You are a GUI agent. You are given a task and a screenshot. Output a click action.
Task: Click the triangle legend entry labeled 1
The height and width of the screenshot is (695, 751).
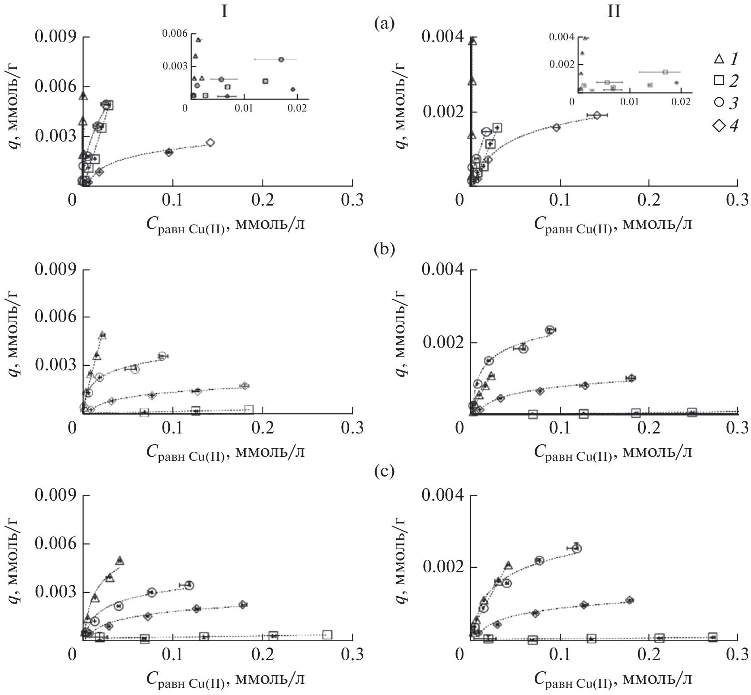click(x=718, y=59)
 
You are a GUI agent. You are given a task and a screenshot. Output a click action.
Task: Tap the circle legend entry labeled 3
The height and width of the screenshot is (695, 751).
click(x=718, y=103)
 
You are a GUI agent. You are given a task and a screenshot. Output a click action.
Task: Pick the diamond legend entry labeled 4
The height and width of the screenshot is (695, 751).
click(x=718, y=126)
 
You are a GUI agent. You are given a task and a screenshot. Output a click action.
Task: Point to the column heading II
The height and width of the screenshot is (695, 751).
click(x=614, y=11)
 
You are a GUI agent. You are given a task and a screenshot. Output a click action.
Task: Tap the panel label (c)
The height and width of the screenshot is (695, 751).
click(x=384, y=472)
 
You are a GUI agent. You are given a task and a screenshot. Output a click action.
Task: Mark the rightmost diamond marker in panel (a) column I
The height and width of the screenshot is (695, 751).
click(x=210, y=142)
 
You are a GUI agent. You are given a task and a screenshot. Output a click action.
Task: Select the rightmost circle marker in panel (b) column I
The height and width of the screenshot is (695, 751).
click(x=162, y=356)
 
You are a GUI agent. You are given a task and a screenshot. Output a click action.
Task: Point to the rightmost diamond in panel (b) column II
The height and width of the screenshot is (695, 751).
click(x=631, y=378)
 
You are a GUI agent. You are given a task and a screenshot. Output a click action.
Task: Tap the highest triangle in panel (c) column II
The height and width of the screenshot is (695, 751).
click(x=508, y=566)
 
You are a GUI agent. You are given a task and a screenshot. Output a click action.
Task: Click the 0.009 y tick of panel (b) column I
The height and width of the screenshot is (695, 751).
click(x=54, y=270)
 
